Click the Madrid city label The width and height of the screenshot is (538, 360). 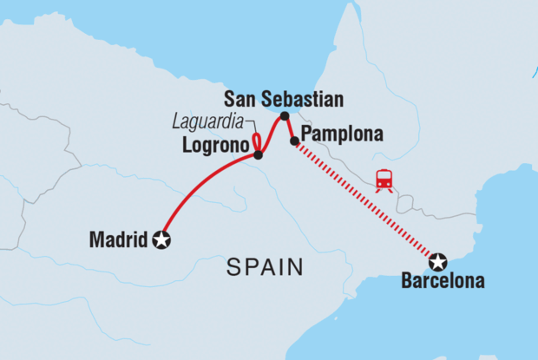pyautogui.click(x=119, y=240)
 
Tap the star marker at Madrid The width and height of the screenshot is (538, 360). pyautogui.click(x=161, y=240)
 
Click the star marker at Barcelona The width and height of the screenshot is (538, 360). pyautogui.click(x=438, y=260)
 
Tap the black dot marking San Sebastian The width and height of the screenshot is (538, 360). pyautogui.click(x=285, y=115)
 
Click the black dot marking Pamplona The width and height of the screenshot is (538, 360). pyautogui.click(x=295, y=141)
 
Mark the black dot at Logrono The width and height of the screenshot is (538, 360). pyautogui.click(x=258, y=155)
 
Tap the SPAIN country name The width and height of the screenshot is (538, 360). pyautogui.click(x=265, y=268)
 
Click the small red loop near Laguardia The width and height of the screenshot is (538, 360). pyautogui.click(x=257, y=142)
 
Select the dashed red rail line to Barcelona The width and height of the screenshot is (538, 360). pyautogui.click(x=364, y=200)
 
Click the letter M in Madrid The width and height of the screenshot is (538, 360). pyautogui.click(x=95, y=240)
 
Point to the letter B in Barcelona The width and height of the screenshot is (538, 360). pyautogui.click(x=406, y=281)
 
